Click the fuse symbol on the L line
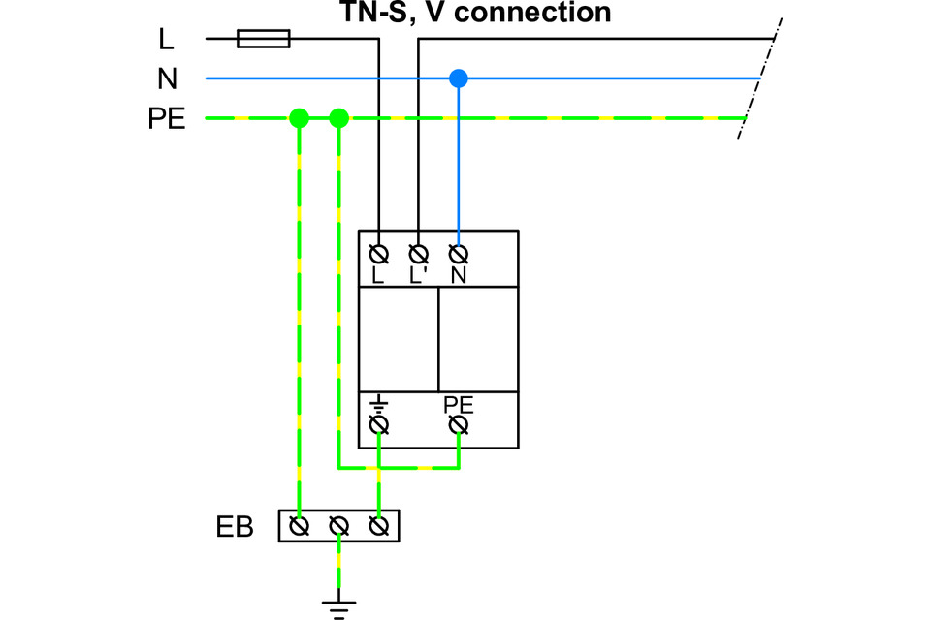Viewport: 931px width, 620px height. pyautogui.click(x=264, y=39)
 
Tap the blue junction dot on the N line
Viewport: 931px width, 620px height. pyautogui.click(x=459, y=78)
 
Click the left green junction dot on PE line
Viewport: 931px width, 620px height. pyautogui.click(x=300, y=118)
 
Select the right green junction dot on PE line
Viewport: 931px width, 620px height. pyautogui.click(x=339, y=118)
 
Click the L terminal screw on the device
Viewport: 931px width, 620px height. pyautogui.click(x=379, y=255)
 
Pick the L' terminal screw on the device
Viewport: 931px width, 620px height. pyautogui.click(x=419, y=255)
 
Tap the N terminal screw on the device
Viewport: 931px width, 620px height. pyautogui.click(x=459, y=255)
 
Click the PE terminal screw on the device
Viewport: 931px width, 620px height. pyautogui.click(x=459, y=425)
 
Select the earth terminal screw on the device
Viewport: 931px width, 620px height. pyautogui.click(x=379, y=425)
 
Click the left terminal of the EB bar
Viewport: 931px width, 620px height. pyautogui.click(x=300, y=526)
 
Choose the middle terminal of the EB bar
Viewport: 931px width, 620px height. pyautogui.click(x=339, y=526)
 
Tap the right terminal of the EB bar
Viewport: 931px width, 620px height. pyautogui.click(x=379, y=526)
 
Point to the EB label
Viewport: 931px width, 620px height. pyautogui.click(x=235, y=527)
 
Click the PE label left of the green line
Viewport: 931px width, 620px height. pyautogui.click(x=167, y=118)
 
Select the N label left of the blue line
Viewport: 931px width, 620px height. pyautogui.click(x=168, y=78)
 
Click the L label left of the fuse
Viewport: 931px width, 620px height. pyautogui.click(x=166, y=39)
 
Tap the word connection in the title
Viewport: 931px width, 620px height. pyautogui.click(x=532, y=12)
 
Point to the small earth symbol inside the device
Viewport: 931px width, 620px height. pyautogui.click(x=379, y=405)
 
